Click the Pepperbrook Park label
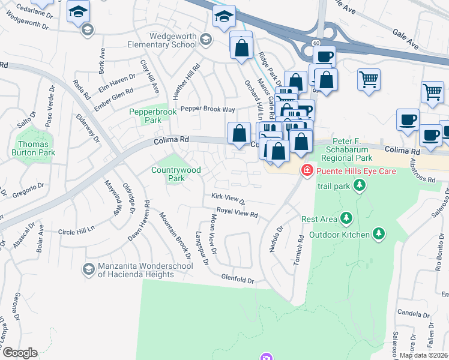click(x=146, y=115)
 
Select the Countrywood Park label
click(x=176, y=174)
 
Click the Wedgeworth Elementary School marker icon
click(x=206, y=40)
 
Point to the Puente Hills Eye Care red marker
click(x=307, y=170)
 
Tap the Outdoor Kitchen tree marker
click(x=378, y=232)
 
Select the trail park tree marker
click(x=359, y=185)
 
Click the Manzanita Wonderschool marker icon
click(x=89, y=269)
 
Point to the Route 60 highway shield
click(x=315, y=42)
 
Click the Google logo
click(x=19, y=353)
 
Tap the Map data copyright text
click(x=424, y=355)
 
